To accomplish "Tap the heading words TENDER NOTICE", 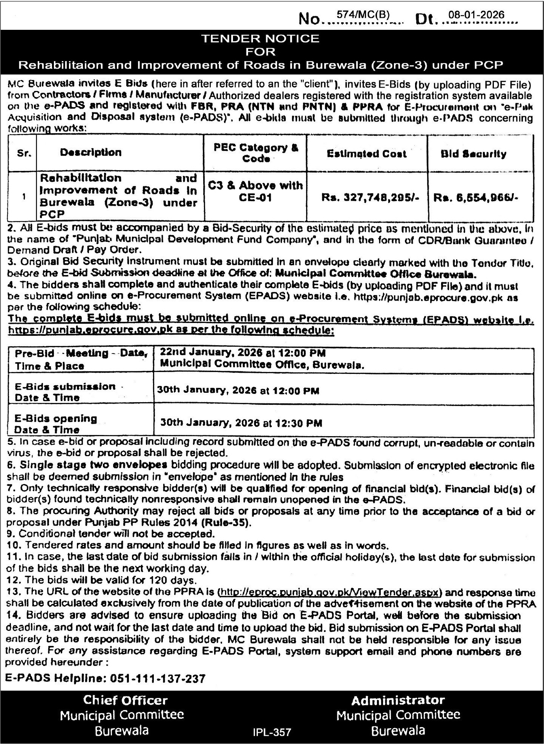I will pyautogui.click(x=260, y=38).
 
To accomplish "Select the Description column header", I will pyautogui.click(x=90, y=152).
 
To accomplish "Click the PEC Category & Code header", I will pyautogui.click(x=256, y=153).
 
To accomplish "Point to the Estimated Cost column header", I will pyautogui.click(x=366, y=154).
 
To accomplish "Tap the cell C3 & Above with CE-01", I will pyautogui.click(x=256, y=191).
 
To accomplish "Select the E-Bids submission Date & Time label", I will pyautogui.click(x=65, y=392).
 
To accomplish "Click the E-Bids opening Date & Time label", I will pyautogui.click(x=55, y=424).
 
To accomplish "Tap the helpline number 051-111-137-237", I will pyautogui.click(x=158, y=679).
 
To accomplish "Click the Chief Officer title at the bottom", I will pyautogui.click(x=125, y=701).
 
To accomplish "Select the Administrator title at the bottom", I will pyautogui.click(x=398, y=701).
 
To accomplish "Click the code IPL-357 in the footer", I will pyautogui.click(x=272, y=732).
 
